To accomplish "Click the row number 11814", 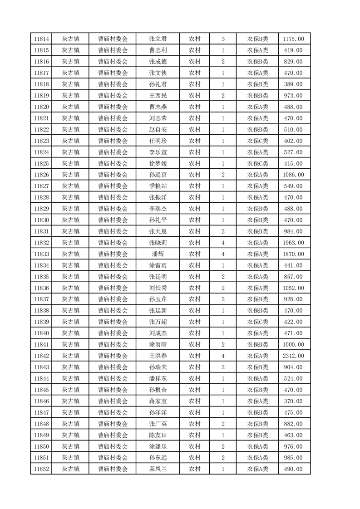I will tap(41, 39).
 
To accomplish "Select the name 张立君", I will tap(158, 39).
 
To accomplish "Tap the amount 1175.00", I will tap(294, 39).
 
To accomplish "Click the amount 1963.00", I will tap(294, 243).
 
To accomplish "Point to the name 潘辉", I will tap(158, 254).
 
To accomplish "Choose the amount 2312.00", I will tap(294, 356).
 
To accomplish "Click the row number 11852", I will tap(41, 469).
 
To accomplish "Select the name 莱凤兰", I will tap(158, 469).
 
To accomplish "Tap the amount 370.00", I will tap(294, 401).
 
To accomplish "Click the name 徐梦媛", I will tap(158, 163).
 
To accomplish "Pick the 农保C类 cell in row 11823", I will tap(257, 141).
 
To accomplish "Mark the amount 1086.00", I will tap(294, 175).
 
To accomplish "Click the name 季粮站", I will tap(158, 186).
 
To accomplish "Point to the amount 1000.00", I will tap(294, 345).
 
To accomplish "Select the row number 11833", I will tap(41, 254).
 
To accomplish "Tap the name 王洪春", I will tap(158, 356).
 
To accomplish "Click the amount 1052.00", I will tap(294, 288).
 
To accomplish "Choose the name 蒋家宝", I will tap(158, 401).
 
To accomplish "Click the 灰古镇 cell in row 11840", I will tap(71, 333).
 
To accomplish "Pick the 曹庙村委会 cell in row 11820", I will tap(113, 107).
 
